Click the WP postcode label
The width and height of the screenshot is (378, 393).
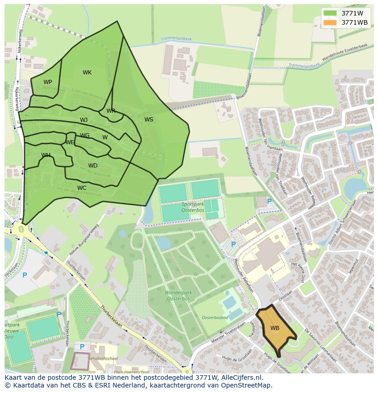tap(47, 82)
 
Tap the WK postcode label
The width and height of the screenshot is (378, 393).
tap(87, 73)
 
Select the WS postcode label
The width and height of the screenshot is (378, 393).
tap(149, 120)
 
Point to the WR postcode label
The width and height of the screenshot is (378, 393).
tap(111, 111)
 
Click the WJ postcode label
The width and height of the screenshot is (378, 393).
tap(84, 120)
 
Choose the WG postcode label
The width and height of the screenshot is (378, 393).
tap(85, 136)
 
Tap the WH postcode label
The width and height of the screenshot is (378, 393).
tap(46, 155)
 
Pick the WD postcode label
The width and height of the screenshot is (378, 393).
tap(93, 166)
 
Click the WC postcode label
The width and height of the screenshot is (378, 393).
tap(82, 188)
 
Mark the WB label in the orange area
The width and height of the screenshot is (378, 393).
tap(274, 328)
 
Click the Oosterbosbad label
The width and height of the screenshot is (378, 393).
tap(215, 317)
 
